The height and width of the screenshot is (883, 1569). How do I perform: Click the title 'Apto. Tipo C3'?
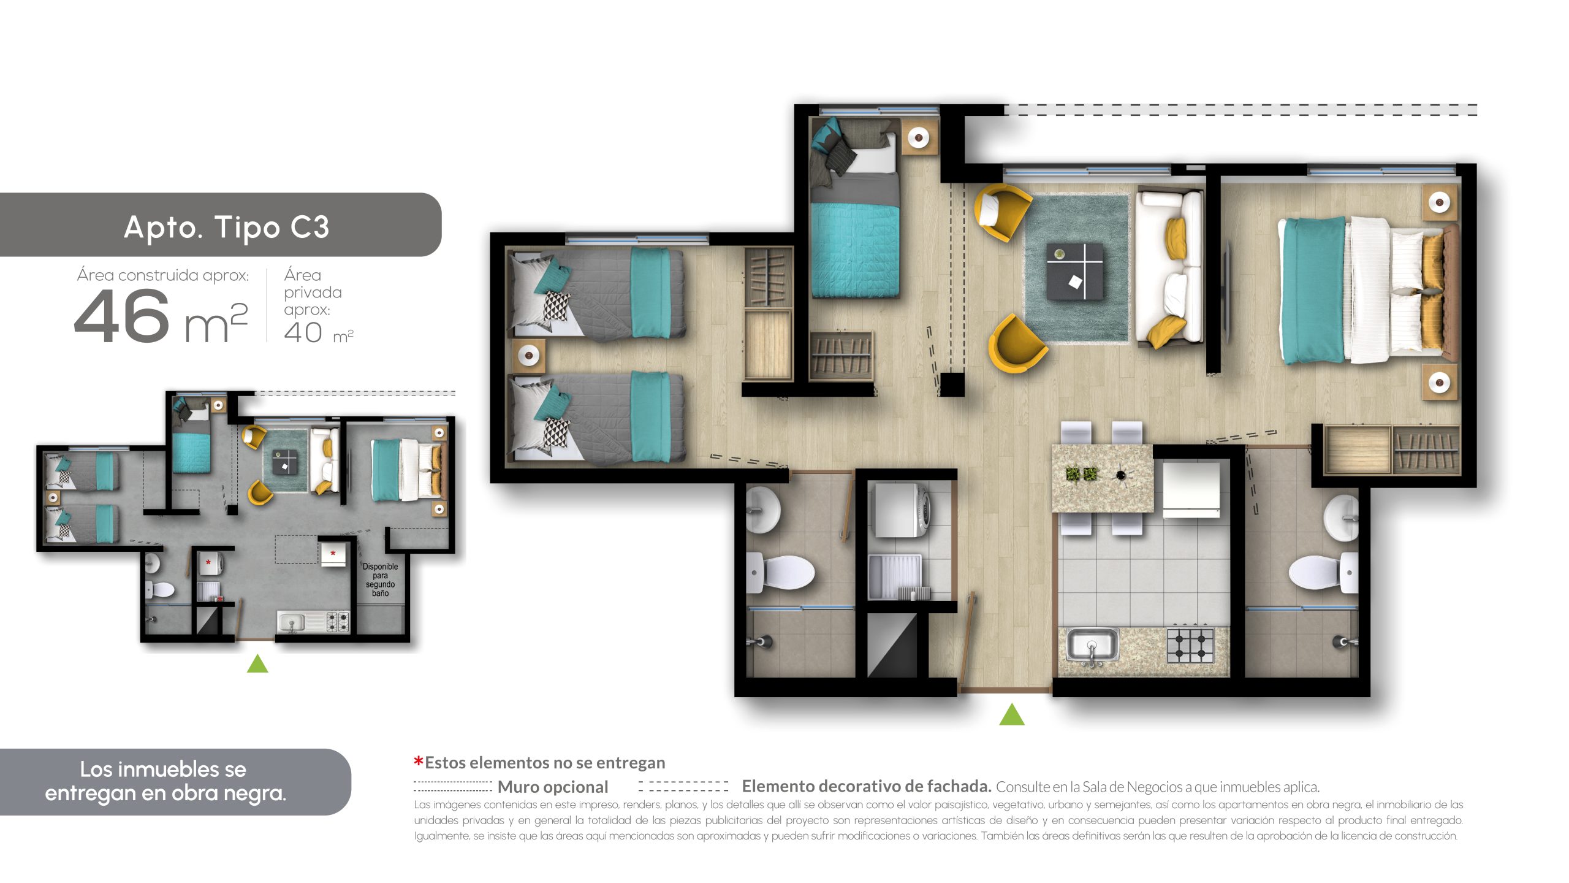(x=226, y=227)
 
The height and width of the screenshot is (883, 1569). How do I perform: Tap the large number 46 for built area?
(x=121, y=316)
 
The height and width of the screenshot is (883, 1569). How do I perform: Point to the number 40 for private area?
(x=303, y=332)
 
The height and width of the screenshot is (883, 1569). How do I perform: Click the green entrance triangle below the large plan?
(x=1011, y=714)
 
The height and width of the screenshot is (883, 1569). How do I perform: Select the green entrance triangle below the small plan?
(x=257, y=663)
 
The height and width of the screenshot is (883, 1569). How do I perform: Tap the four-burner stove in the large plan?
(x=1190, y=645)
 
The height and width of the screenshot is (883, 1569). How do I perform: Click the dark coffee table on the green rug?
(x=1074, y=271)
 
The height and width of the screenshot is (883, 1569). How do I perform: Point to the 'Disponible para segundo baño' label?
(x=380, y=579)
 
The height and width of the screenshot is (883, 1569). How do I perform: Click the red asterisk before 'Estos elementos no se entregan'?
(x=419, y=762)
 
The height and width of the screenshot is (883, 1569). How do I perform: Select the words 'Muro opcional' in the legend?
(x=553, y=787)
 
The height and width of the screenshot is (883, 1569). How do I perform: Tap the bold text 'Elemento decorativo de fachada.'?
(x=867, y=786)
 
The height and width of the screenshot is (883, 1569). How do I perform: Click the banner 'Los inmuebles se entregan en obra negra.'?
(x=165, y=781)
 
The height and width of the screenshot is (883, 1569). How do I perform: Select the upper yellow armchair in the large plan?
(x=1001, y=211)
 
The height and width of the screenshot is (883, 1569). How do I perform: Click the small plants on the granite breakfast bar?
(x=1081, y=474)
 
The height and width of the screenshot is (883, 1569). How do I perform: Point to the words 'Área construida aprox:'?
(x=163, y=275)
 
